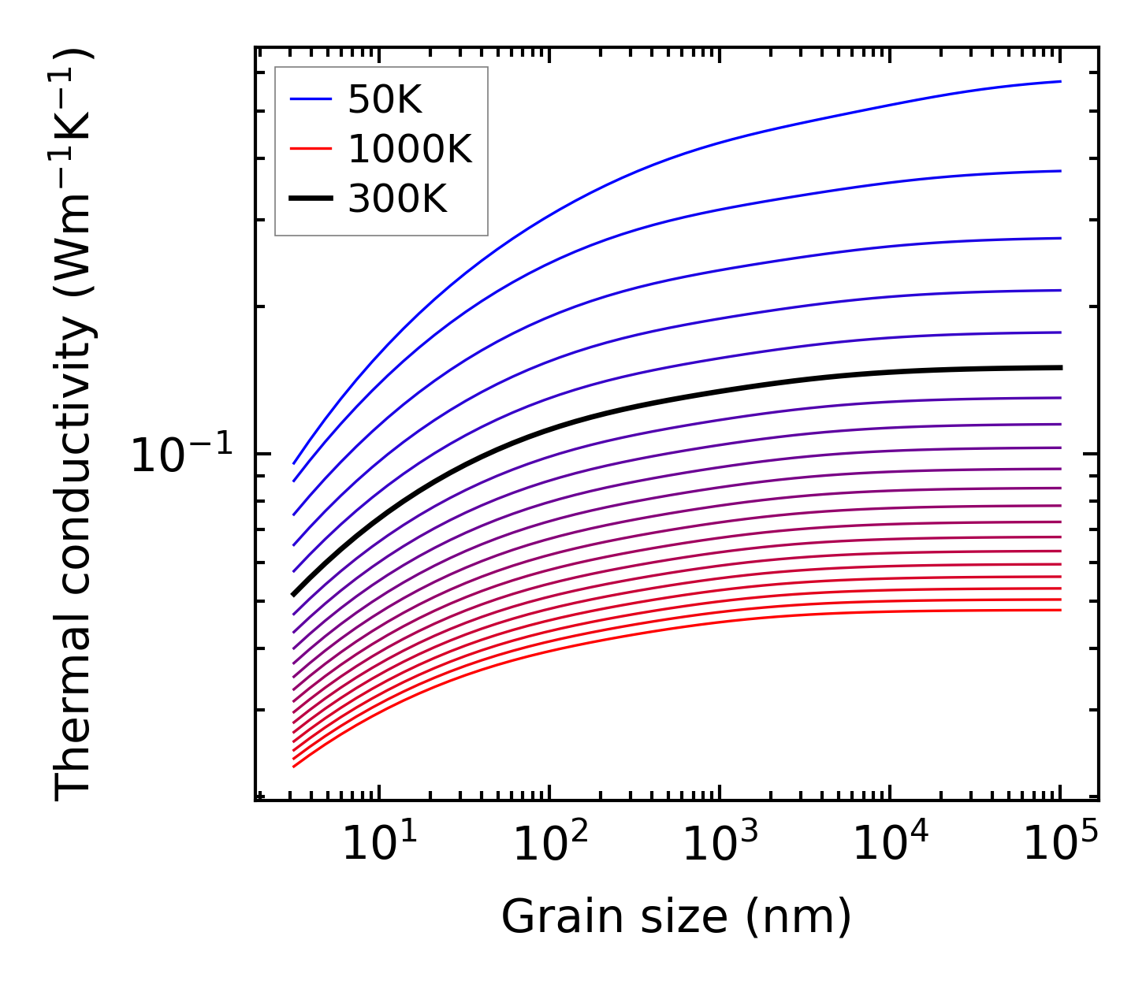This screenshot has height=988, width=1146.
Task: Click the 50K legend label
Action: tap(385, 100)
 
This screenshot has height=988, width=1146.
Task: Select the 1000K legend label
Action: tap(409, 150)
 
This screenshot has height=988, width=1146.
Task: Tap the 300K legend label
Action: tap(397, 199)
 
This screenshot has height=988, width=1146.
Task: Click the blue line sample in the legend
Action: tap(311, 99)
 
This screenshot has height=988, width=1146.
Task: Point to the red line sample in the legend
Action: tap(311, 149)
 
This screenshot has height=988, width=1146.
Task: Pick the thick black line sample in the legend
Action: tap(311, 199)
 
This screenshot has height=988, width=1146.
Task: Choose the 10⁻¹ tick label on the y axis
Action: tap(182, 456)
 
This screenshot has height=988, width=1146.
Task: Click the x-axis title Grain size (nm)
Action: tap(676, 918)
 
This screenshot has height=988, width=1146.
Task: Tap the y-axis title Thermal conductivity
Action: tap(75, 425)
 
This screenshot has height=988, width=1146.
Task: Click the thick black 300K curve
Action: tap(552, 428)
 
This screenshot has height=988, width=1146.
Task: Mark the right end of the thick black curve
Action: tap(1061, 368)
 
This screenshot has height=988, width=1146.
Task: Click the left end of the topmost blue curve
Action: tap(294, 463)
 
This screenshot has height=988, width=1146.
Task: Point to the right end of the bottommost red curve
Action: tap(1061, 610)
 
